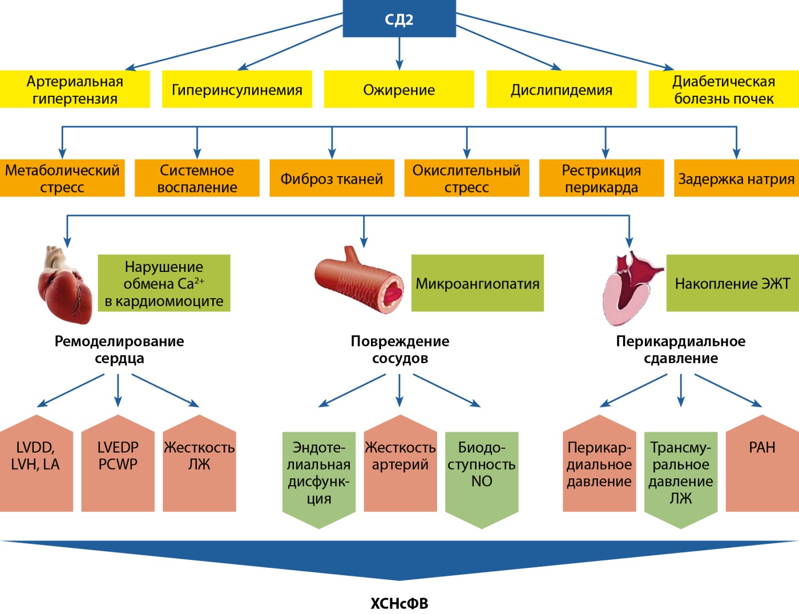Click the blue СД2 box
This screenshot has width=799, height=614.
[399, 19]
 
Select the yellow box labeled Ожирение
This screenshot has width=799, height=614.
[399, 90]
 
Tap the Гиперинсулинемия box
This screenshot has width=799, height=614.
[237, 90]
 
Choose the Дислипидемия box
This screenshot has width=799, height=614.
[561, 90]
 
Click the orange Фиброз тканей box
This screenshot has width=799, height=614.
[332, 178]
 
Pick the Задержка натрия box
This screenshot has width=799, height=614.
[736, 178]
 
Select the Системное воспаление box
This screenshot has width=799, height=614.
[197, 178]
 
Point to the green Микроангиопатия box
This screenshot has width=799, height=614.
[477, 283]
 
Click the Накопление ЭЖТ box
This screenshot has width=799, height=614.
[732, 283]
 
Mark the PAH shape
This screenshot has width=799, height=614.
[762, 465]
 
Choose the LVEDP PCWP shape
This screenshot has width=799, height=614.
[118, 465]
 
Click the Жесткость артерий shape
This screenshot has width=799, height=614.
[400, 465]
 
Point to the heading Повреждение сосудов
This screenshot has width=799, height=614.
[399, 349]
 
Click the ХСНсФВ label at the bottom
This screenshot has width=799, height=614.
[399, 603]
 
